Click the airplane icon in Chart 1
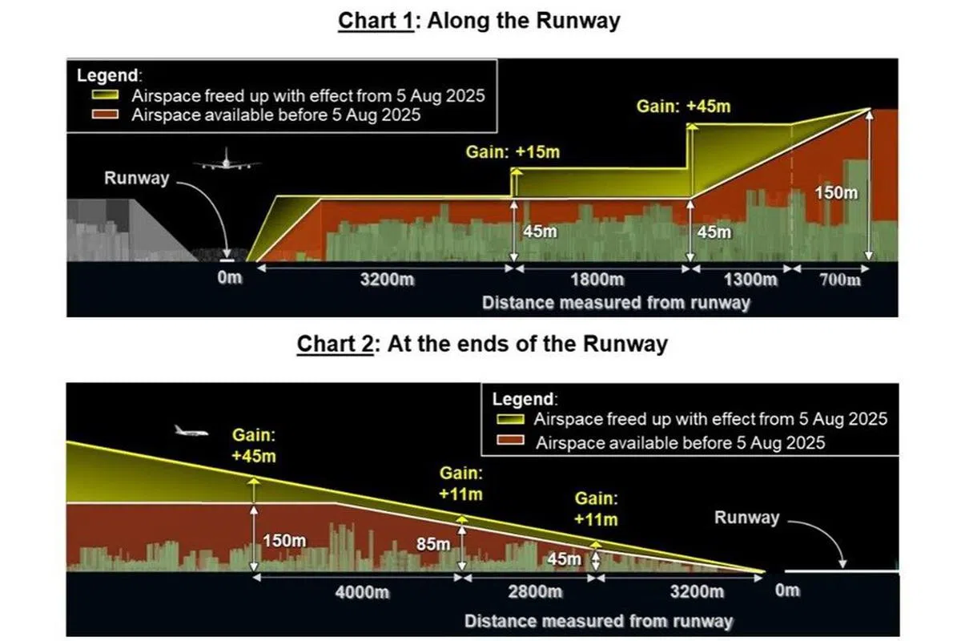pos(227,160)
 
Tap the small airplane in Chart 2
pos(191,430)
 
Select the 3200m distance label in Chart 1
pos(387,280)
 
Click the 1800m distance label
pos(597,280)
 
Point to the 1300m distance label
pos(750,280)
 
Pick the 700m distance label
pos(839,280)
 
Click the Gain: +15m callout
pos(513,152)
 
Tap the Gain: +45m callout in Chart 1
pos(683,107)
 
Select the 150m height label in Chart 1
pos(836,193)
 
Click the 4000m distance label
pos(362,592)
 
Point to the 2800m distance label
pos(535,591)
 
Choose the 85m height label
pos(433,544)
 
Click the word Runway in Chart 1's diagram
pos(137,178)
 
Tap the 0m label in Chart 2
pos(787,591)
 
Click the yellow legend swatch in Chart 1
pos(105,95)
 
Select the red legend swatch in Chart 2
pos(510,440)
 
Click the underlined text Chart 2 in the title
pos(335,344)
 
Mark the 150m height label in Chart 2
pos(284,541)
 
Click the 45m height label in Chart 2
pos(564,559)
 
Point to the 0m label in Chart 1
pos(230,278)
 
